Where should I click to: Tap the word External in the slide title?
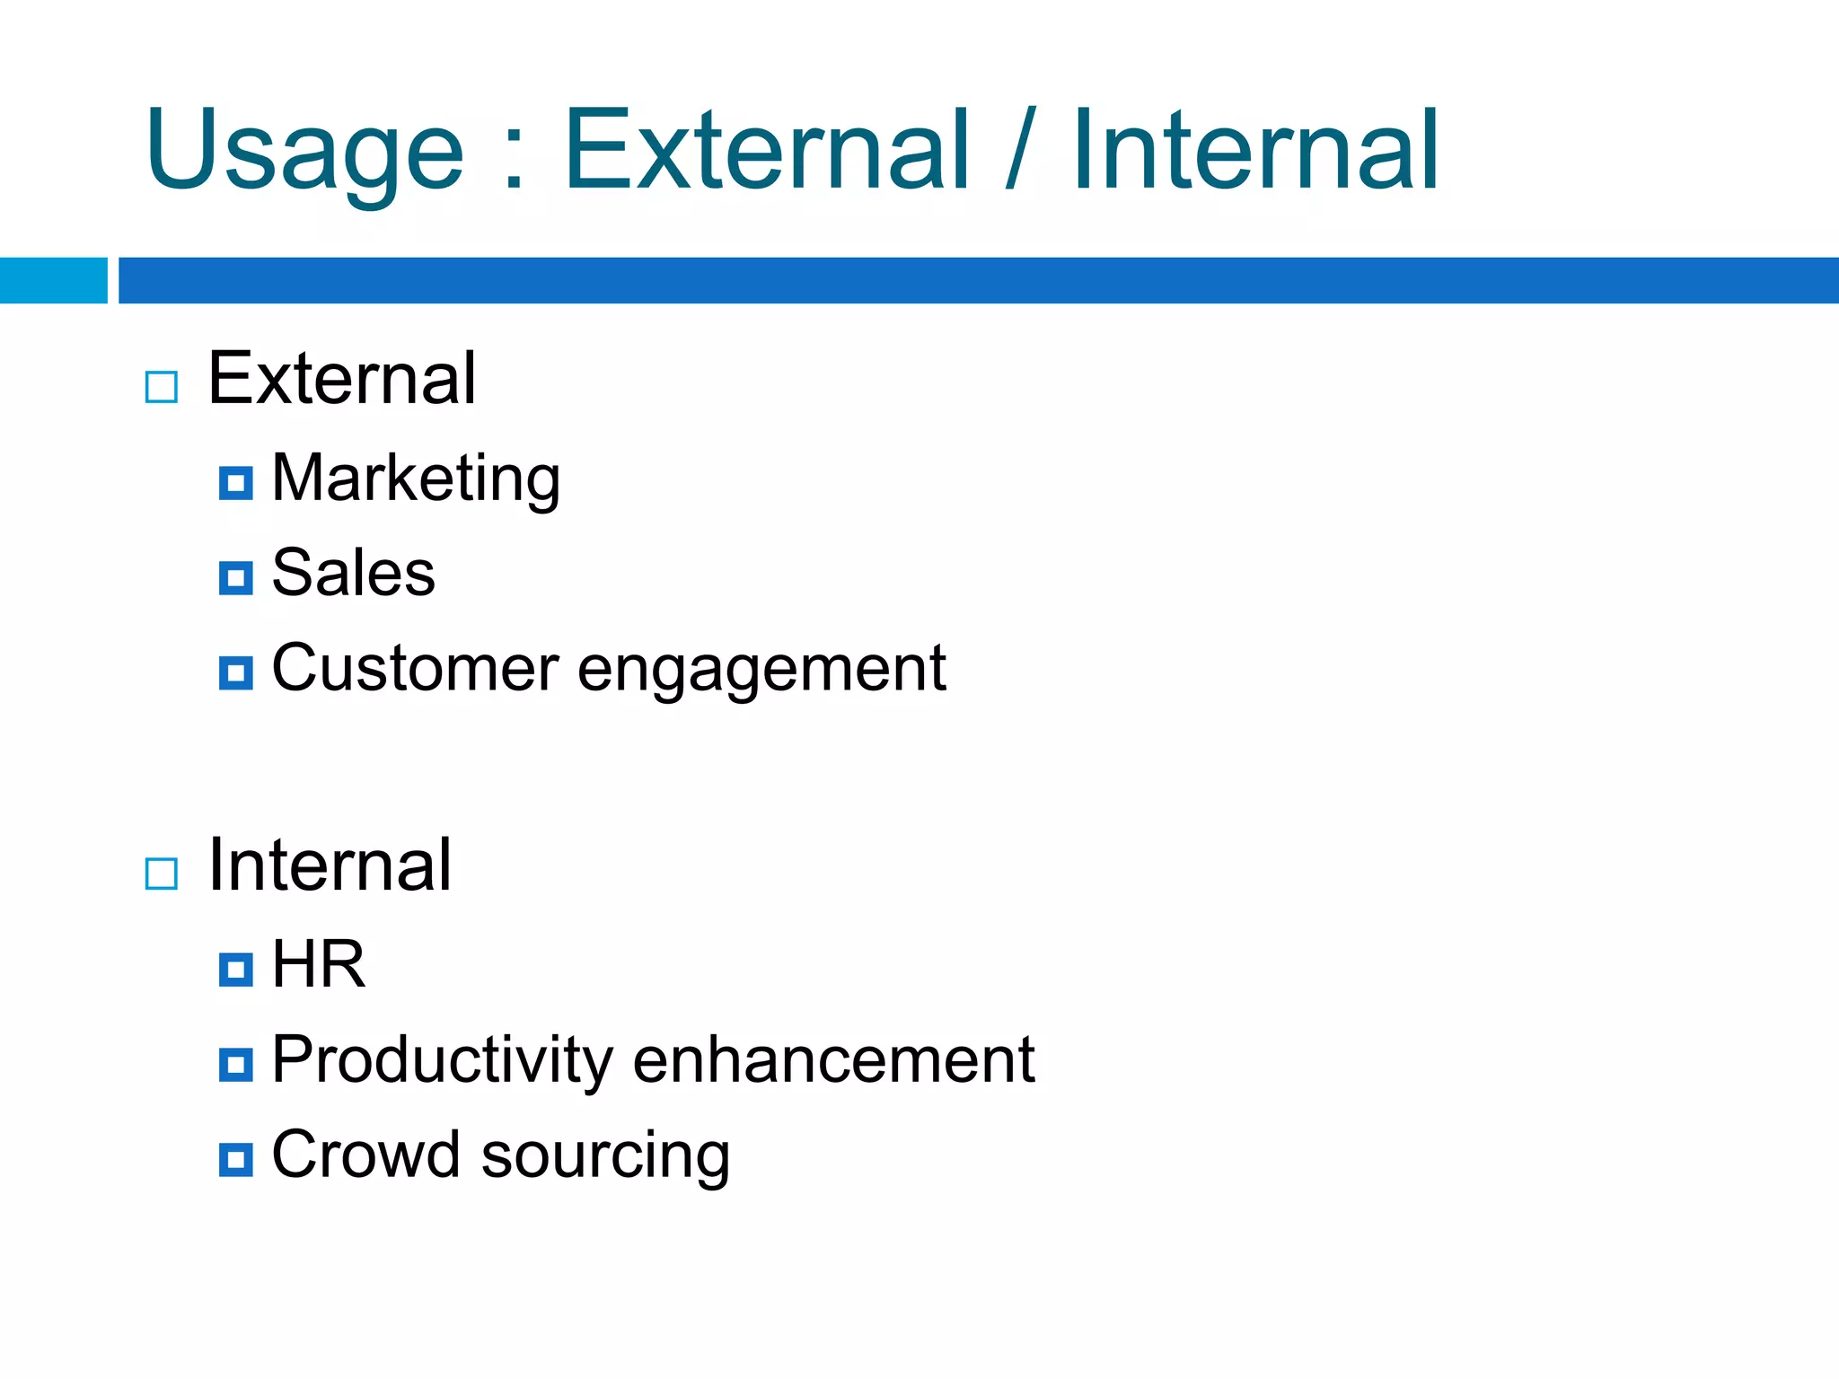point(767,151)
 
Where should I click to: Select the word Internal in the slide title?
point(1255,151)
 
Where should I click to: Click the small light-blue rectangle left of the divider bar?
point(53,280)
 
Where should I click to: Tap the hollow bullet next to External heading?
point(162,387)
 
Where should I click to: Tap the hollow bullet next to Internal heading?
point(162,873)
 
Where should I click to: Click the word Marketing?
point(416,479)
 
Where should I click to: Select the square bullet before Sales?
point(235,577)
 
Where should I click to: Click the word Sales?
point(353,573)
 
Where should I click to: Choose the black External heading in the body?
point(341,379)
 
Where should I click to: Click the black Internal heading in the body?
point(330,865)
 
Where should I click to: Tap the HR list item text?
point(319,965)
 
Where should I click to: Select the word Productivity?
point(442,1061)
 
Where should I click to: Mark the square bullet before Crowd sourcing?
point(235,1159)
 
